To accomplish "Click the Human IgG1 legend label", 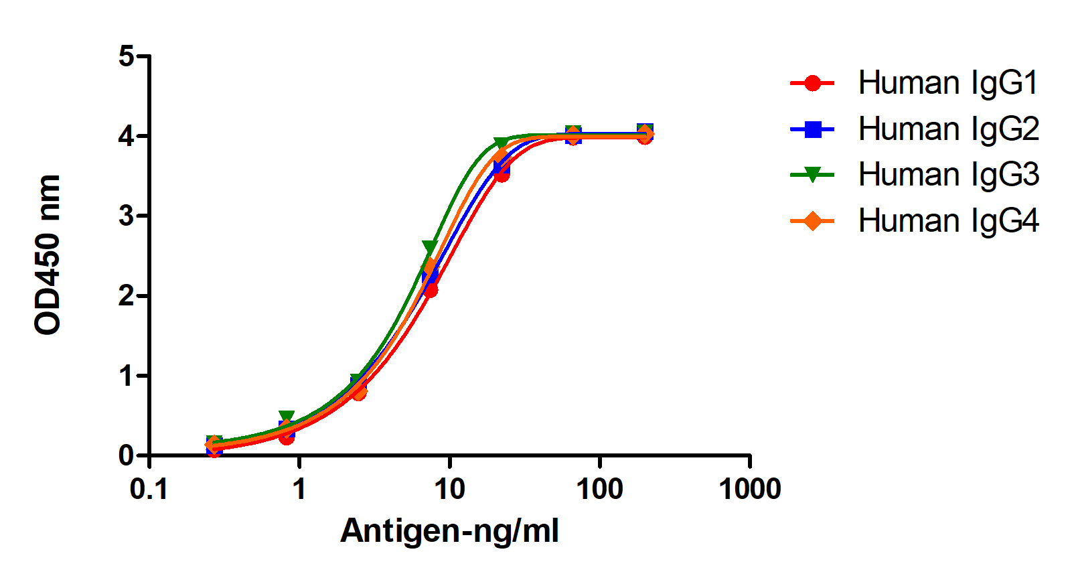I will (947, 83).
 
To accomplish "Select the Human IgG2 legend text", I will (948, 129).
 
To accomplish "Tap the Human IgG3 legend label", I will (948, 174).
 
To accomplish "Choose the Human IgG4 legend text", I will (948, 220).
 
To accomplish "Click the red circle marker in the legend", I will (812, 83).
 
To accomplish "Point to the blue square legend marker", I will (812, 129).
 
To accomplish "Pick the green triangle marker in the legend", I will (812, 175).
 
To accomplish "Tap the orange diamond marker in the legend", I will (812, 220).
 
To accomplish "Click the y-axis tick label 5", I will (126, 56).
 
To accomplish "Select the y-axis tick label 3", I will (126, 216).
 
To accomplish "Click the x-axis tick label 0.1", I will (149, 490).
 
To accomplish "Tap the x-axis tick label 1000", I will (749, 490).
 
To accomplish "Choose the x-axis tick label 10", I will (449, 490).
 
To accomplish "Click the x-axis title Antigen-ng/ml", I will (449, 531).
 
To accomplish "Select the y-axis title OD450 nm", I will (48, 255).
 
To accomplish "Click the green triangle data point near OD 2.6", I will (430, 246).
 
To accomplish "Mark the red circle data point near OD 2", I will (431, 290).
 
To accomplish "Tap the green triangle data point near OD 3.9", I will (501, 143).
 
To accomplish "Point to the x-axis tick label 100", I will (599, 490).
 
